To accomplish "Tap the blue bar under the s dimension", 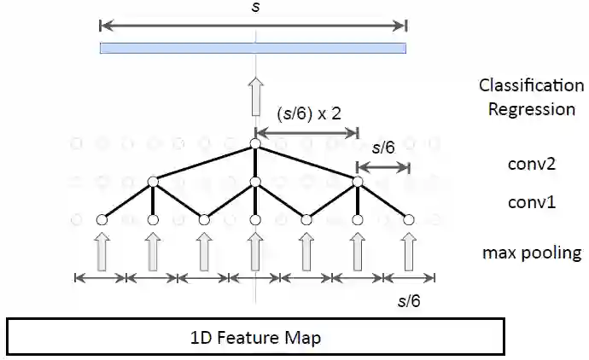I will point(253,48).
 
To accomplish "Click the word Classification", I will point(531,85).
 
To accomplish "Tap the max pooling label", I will point(531,253).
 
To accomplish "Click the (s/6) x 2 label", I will point(309,113).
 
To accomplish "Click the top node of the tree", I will point(255,144).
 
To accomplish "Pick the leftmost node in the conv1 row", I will point(154,181).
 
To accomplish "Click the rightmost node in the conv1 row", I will point(358,181).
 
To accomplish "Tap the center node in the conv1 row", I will point(255,181).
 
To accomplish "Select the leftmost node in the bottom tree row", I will point(102,220).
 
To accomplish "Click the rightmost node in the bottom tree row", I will point(409,220).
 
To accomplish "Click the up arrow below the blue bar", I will point(254,96).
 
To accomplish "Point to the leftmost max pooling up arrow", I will point(102,253).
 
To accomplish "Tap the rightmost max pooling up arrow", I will point(409,253).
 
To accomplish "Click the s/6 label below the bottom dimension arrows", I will point(410,300).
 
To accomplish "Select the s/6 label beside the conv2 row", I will point(384,148).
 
